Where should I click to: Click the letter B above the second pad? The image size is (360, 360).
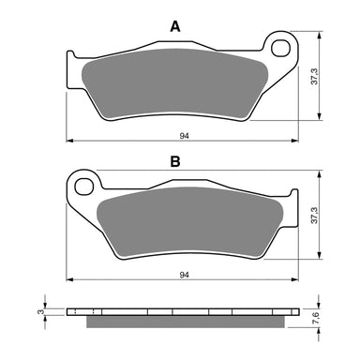[x=173, y=161]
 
